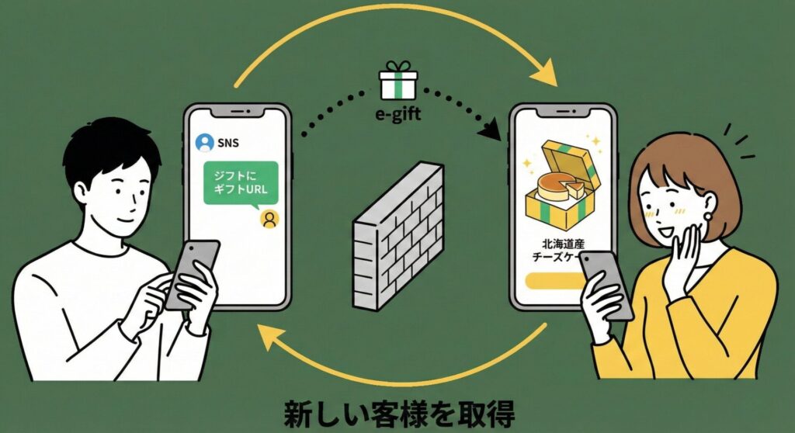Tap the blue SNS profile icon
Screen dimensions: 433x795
[x=204, y=143]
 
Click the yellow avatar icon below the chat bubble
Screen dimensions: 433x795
[x=269, y=219]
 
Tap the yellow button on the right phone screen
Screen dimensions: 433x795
[x=553, y=281]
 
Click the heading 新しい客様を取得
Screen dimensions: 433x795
[x=397, y=410]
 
